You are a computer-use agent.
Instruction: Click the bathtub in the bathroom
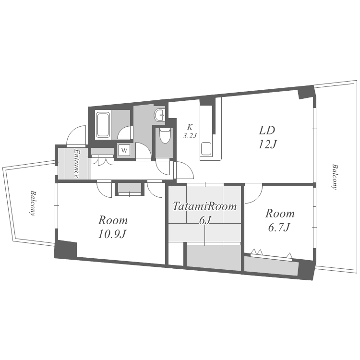pos(103,125)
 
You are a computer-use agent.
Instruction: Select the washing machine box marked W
pos(124,150)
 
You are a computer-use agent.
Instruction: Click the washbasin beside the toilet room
pos(160,115)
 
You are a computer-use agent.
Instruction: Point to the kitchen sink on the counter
pos(206,148)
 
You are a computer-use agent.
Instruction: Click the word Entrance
pos(76,164)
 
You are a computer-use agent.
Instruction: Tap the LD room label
pos(267,130)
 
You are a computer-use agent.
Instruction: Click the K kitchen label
pos(190,127)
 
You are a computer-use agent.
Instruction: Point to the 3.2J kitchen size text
pos(190,135)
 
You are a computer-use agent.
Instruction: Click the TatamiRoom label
pos(204,206)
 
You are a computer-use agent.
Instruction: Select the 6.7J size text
pos(279,227)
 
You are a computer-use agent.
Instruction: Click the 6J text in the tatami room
pos(205,220)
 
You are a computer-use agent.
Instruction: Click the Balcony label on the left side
pos(33,203)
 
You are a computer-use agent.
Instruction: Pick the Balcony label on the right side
pos(335,177)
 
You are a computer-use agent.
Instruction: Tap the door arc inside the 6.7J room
pos(253,194)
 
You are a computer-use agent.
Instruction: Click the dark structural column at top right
pos(305,92)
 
